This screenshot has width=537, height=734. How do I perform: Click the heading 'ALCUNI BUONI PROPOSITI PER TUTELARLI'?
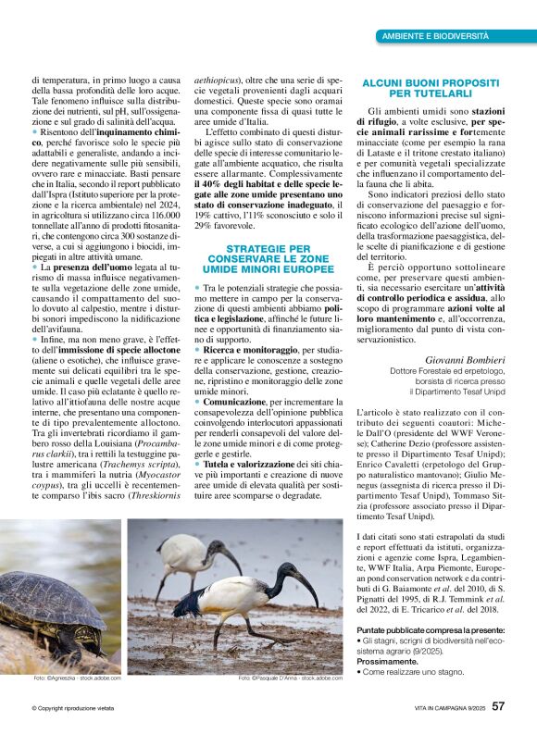click(x=431, y=88)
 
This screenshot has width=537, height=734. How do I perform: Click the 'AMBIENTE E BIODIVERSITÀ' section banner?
click(x=436, y=35)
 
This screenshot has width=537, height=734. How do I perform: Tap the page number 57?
click(x=498, y=706)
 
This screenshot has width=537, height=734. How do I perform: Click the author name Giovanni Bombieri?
click(x=465, y=359)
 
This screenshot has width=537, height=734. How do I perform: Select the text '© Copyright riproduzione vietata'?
click(x=73, y=708)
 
